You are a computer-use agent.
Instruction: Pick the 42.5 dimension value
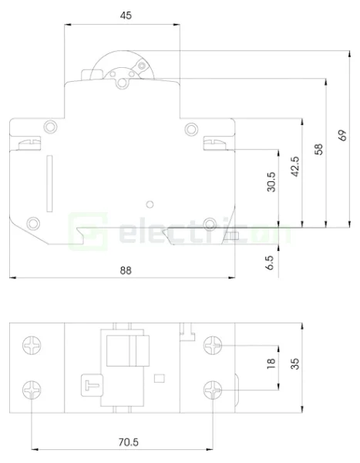click(294, 167)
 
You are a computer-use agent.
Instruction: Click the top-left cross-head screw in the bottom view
click(32, 346)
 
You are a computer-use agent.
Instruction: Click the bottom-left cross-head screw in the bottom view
click(32, 390)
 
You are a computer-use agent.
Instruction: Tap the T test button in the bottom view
click(89, 383)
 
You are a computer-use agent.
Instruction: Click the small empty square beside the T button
click(160, 378)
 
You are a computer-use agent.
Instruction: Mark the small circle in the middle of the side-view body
click(150, 204)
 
